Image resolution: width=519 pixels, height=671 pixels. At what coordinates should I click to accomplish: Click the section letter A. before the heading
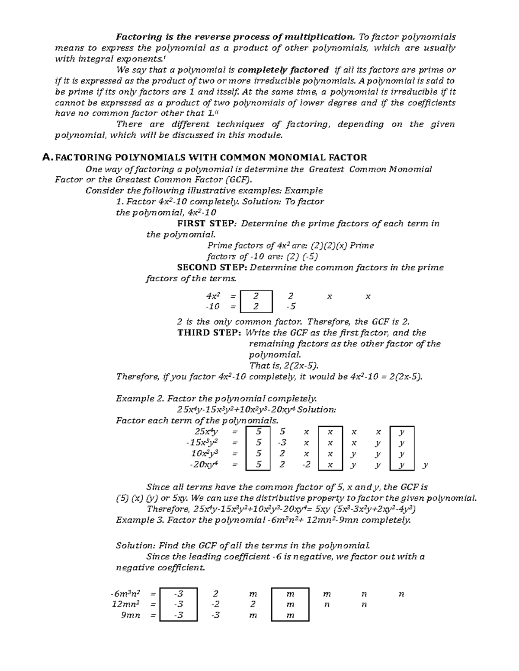48,158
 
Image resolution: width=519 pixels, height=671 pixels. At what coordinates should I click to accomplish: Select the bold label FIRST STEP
206,224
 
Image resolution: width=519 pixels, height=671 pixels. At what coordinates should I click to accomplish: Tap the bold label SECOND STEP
212,267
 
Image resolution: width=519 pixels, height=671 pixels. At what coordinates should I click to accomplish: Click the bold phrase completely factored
283,70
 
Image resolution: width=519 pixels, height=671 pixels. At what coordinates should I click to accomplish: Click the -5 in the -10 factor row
291,306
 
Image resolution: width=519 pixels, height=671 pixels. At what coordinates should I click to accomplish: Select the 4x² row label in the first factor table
213,296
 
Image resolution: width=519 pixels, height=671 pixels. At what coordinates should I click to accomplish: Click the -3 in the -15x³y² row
282,443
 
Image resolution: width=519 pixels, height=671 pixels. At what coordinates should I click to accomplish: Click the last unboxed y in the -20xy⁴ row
426,465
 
